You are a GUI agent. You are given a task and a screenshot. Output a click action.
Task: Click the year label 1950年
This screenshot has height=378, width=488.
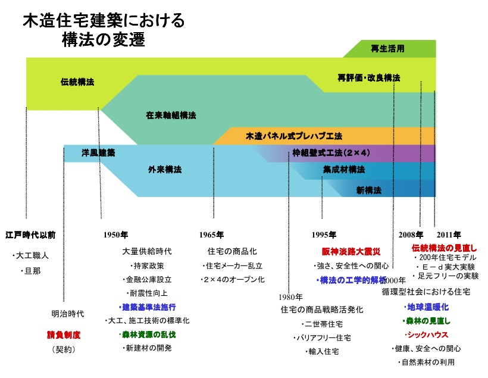[115, 235]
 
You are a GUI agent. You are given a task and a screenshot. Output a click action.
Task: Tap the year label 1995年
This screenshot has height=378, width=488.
[324, 235]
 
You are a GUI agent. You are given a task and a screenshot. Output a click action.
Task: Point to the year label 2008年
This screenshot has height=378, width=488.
[411, 235]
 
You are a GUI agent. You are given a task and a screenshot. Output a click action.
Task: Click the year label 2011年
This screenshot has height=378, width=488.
[448, 235]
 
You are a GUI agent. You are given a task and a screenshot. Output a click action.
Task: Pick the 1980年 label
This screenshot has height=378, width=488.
[290, 296]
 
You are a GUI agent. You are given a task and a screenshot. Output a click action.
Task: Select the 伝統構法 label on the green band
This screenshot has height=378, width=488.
[77, 82]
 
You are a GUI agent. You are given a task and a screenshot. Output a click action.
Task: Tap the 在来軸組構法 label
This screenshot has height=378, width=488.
[171, 114]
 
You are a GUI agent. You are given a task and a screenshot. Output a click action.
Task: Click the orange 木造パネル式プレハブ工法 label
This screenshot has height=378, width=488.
[294, 136]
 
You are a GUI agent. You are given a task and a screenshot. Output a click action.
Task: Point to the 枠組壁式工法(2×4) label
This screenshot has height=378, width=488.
[331, 153]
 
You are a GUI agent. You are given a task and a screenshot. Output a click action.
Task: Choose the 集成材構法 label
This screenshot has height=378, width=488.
[344, 170]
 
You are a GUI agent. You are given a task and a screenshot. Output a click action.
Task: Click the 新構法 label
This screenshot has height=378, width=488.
[368, 190]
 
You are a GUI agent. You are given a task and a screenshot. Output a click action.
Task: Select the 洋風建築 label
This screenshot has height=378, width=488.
[98, 153]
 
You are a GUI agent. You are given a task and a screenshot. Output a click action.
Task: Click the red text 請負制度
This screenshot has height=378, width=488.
[64, 335]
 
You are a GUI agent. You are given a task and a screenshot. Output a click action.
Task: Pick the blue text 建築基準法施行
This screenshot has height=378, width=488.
[149, 307]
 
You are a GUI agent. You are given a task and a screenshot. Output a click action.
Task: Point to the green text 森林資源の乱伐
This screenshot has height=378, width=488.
[149, 335]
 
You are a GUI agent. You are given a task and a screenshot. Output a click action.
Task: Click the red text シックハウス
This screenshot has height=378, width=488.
[426, 335]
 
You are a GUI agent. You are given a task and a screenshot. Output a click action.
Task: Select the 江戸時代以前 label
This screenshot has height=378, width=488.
[30, 235]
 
